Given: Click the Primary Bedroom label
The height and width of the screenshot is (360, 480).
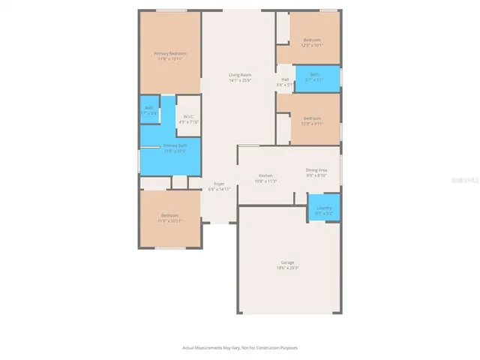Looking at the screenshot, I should coord(170,53).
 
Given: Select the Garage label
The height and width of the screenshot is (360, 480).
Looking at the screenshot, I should coord(288,262).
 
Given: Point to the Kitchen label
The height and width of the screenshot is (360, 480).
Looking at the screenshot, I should coord(265,175).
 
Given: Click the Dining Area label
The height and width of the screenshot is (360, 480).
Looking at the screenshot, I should coord(316,170).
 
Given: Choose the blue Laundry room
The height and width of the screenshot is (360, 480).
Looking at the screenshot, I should coord(324,208).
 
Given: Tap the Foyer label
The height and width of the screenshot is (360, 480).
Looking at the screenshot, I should coord(219,183).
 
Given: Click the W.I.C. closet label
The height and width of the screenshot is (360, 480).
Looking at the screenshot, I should coord(189,116).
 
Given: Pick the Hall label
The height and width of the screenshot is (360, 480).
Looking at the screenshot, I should coord(285,79).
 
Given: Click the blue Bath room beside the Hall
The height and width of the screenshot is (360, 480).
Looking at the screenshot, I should coord(316,76).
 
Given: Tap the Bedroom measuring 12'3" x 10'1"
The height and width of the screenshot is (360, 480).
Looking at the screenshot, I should coord(312,42).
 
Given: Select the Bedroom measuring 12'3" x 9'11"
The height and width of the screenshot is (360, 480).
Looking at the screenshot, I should coord(312,121).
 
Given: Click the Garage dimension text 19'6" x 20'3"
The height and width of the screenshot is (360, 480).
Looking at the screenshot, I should coord(288,268).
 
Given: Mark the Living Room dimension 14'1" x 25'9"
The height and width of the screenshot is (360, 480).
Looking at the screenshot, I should coord(240,80).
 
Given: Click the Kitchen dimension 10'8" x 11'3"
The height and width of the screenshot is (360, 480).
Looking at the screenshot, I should coord(265,181).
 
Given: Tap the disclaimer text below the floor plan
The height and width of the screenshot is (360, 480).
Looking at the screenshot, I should coord(240,347).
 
